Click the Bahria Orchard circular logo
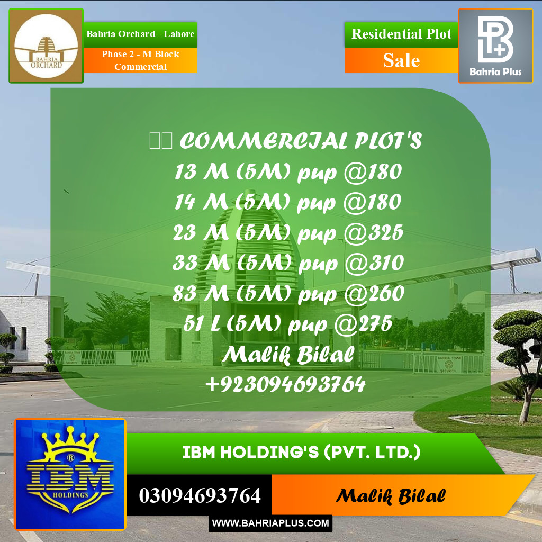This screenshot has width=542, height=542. (x=46, y=46)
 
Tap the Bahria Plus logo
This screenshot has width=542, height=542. (x=495, y=46)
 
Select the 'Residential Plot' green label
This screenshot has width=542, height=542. (x=401, y=34)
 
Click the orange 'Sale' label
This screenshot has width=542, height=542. (x=401, y=60)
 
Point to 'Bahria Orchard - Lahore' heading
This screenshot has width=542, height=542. (x=140, y=34)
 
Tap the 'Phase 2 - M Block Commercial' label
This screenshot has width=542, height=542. (x=140, y=60)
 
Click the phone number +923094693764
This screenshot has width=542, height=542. (x=285, y=384)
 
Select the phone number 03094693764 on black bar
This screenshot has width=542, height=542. (x=200, y=496)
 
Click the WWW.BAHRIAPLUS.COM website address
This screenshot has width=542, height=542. (x=270, y=523)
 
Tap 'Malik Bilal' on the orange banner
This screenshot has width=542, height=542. (x=390, y=496)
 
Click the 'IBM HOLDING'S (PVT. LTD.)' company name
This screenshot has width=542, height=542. (x=301, y=453)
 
